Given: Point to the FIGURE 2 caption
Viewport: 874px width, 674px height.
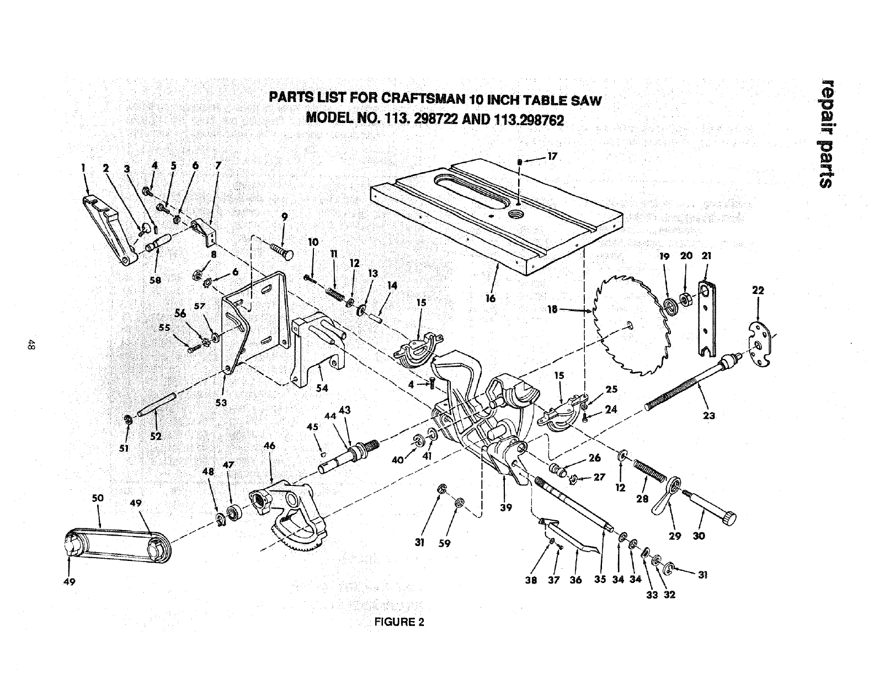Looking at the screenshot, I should click(399, 622).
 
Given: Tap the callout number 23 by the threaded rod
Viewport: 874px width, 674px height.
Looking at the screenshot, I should click(710, 416).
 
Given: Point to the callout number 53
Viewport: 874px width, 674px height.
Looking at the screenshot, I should click(221, 402).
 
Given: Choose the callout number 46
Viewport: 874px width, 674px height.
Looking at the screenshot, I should click(270, 445).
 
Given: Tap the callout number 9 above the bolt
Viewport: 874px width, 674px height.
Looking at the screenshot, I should click(284, 217).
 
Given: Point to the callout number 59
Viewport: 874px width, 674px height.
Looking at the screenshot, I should click(444, 543).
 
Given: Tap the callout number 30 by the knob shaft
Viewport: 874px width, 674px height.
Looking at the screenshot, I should click(699, 535).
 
